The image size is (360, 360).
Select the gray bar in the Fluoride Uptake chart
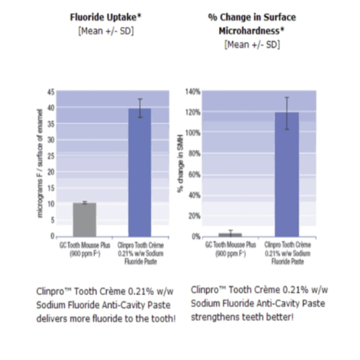pos(85,220)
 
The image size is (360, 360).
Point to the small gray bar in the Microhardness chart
pos(230,234)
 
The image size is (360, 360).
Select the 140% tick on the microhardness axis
pos(193,92)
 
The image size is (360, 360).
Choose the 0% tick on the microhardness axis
pos(196,237)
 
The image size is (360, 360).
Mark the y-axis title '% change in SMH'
pos(180,165)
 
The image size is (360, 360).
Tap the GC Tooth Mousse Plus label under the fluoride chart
pos(85,249)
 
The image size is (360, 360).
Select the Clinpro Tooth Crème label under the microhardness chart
pos(287,253)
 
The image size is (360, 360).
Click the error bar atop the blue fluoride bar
pos(140,108)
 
